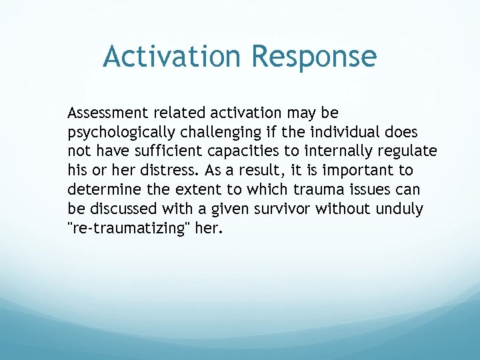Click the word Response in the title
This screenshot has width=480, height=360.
[314, 57]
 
